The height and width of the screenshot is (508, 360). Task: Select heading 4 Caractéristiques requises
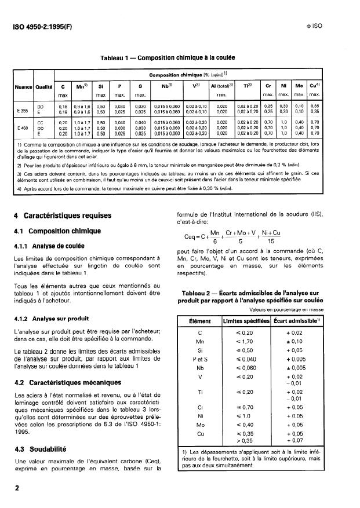[x=61, y=215]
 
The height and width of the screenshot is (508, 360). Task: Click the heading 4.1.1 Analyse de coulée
[x=52, y=244]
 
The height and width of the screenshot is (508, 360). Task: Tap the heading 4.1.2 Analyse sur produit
[x=53, y=318]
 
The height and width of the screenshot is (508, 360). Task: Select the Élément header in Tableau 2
[x=200, y=320]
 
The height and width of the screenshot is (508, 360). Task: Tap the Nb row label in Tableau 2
[x=200, y=367]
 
